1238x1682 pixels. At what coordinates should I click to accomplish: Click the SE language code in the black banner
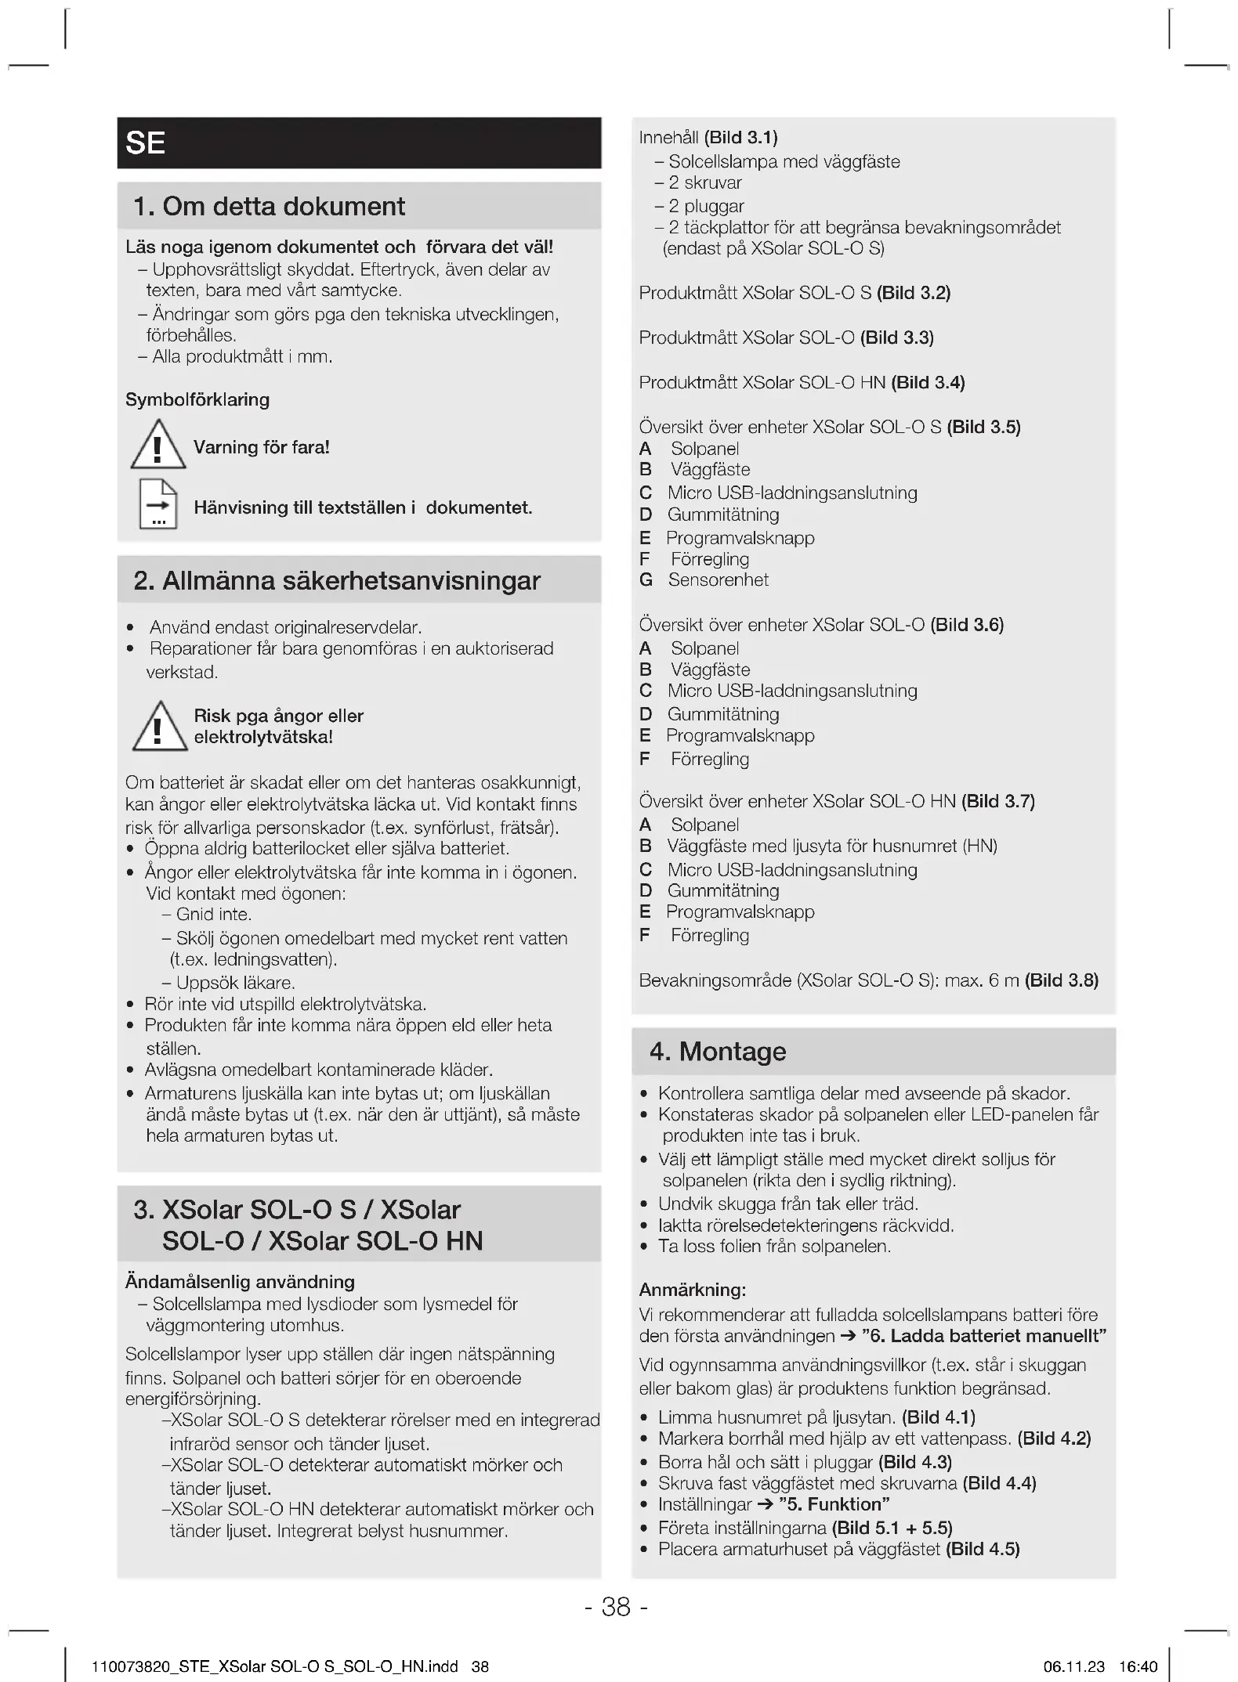(146, 143)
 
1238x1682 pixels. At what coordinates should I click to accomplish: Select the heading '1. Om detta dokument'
(269, 207)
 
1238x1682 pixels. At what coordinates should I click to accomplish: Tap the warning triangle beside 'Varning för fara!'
(157, 445)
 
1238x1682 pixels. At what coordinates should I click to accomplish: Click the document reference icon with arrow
(157, 504)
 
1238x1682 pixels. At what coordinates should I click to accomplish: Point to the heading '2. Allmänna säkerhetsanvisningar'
(337, 581)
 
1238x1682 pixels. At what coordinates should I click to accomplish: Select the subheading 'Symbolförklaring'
(197, 399)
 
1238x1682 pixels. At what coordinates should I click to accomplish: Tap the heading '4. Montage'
(717, 1052)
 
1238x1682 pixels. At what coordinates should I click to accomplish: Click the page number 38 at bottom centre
(616, 1607)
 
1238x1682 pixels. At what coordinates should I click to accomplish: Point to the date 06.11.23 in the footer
(1073, 1666)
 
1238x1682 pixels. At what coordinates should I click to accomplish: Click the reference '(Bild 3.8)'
(1062, 980)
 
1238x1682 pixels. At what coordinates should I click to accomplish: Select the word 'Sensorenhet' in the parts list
(718, 580)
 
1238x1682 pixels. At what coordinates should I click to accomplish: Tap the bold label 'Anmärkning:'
(692, 1290)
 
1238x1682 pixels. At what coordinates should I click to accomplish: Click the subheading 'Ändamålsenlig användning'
(240, 1282)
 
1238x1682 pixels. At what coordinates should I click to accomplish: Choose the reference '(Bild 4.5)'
(983, 1549)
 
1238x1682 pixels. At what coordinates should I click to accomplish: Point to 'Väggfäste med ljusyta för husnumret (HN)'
(832, 846)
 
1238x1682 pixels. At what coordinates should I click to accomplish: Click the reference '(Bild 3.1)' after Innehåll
(740, 138)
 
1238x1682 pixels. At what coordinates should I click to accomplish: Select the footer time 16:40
(1138, 1666)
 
